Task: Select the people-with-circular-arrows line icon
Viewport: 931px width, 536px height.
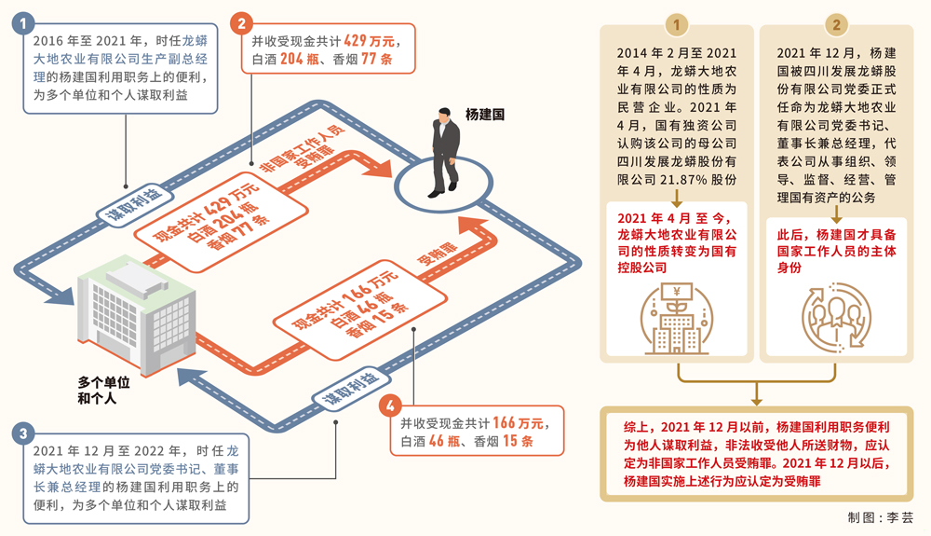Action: point(835,320)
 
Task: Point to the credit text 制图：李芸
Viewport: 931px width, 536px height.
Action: point(880,517)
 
